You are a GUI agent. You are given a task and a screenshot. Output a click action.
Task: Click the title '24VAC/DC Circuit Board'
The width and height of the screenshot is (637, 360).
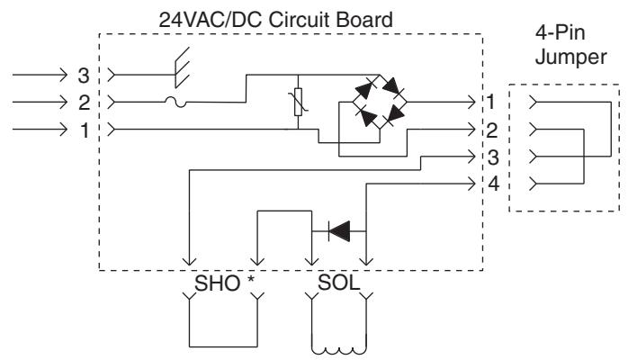tap(275, 20)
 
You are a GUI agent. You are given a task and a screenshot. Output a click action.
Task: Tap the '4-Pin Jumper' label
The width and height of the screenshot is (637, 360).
tap(570, 45)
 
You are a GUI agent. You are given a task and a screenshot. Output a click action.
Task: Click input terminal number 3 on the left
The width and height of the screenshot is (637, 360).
tap(84, 76)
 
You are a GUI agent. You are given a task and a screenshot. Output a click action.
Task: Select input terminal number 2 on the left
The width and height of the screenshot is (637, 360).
tap(84, 103)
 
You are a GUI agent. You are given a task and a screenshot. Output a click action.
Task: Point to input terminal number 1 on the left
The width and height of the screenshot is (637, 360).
tap(84, 130)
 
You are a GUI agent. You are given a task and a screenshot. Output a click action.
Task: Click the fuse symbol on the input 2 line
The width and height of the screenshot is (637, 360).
tap(175, 103)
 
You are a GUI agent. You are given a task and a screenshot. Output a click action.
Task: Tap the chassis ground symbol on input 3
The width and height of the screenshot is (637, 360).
tap(182, 67)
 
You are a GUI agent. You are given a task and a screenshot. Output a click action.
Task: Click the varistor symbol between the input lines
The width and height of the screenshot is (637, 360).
tap(298, 102)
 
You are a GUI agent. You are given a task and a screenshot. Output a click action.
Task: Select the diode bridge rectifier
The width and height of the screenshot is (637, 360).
tap(380, 102)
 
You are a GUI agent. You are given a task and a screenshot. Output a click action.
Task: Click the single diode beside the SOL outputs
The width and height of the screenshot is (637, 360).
tap(339, 231)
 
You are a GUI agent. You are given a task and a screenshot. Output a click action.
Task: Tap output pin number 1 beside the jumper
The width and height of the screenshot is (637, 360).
tap(490, 102)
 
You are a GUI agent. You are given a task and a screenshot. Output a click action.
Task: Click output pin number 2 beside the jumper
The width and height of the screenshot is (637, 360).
tap(491, 130)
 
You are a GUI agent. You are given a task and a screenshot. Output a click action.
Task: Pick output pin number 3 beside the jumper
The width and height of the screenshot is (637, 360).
tap(493, 157)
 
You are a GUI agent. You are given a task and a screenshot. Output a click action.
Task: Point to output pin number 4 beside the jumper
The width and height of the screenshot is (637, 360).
tap(493, 184)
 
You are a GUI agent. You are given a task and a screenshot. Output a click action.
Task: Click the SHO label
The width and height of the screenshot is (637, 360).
tap(218, 283)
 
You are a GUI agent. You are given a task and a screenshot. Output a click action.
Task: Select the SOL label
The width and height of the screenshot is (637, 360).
tap(339, 282)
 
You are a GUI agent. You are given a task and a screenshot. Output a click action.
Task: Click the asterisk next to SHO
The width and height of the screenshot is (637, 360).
tap(251, 280)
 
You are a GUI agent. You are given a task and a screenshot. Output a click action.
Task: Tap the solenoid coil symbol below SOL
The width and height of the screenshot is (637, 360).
tap(339, 350)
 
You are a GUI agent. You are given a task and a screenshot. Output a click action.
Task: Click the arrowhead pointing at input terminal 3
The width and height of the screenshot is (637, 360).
tap(62, 76)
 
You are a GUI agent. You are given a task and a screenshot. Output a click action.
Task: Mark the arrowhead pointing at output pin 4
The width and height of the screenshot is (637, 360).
tap(471, 184)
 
